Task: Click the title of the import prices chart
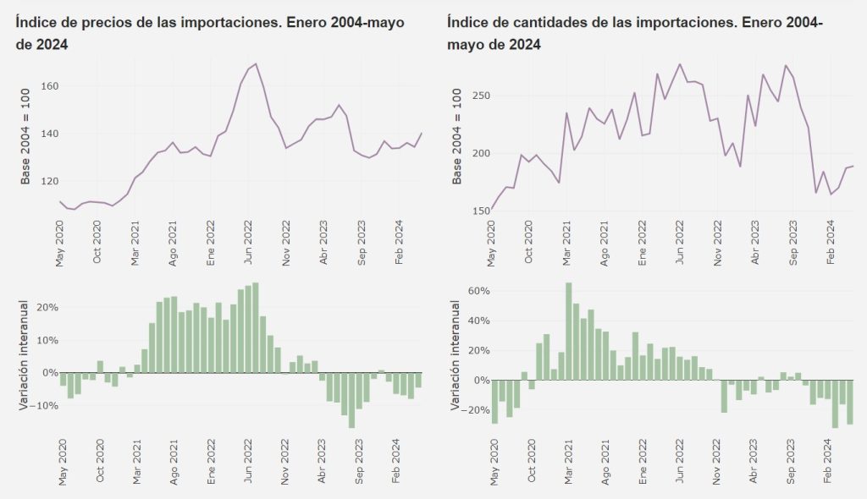coord(209,33)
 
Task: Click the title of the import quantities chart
coord(634,33)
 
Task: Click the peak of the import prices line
coord(256,64)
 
